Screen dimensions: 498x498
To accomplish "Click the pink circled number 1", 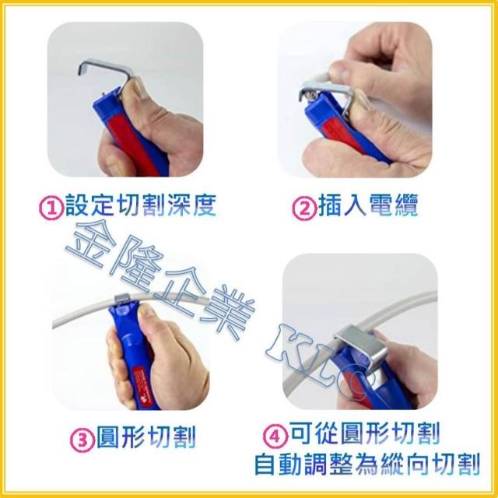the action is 51,208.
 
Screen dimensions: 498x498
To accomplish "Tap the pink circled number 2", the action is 304,208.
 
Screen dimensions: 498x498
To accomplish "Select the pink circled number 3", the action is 82,440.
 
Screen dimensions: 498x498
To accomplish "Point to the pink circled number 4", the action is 275,436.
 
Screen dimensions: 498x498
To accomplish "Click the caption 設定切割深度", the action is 141,205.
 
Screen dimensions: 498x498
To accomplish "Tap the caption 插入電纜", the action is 368,205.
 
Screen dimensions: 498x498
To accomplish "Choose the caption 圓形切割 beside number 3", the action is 146,437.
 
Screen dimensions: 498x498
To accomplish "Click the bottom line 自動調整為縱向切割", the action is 366,465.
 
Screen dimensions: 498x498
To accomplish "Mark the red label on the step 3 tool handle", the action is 141,385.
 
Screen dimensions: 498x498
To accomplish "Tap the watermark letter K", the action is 284,345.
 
